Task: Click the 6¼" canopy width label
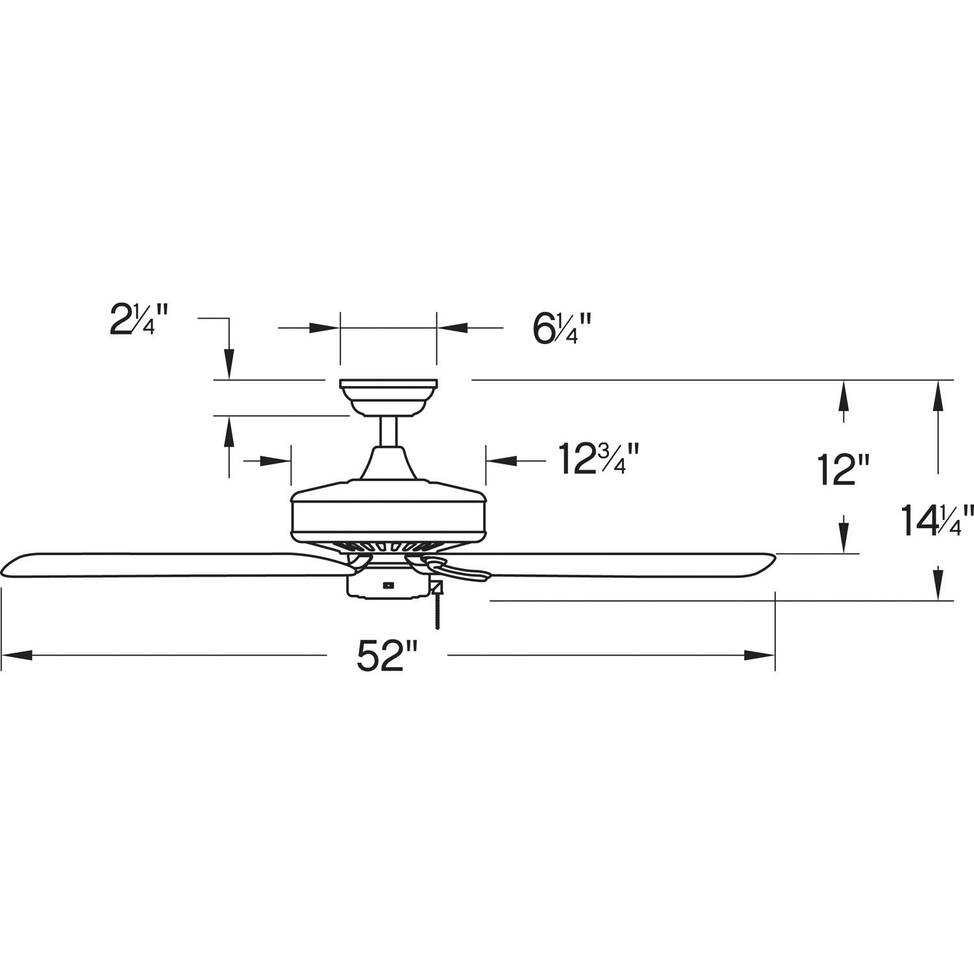point(562,329)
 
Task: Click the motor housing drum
point(388,513)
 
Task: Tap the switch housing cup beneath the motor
point(387,585)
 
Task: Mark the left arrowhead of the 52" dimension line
point(16,655)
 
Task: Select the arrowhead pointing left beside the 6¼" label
point(452,328)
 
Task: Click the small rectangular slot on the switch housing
point(388,584)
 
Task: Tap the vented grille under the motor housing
point(388,547)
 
